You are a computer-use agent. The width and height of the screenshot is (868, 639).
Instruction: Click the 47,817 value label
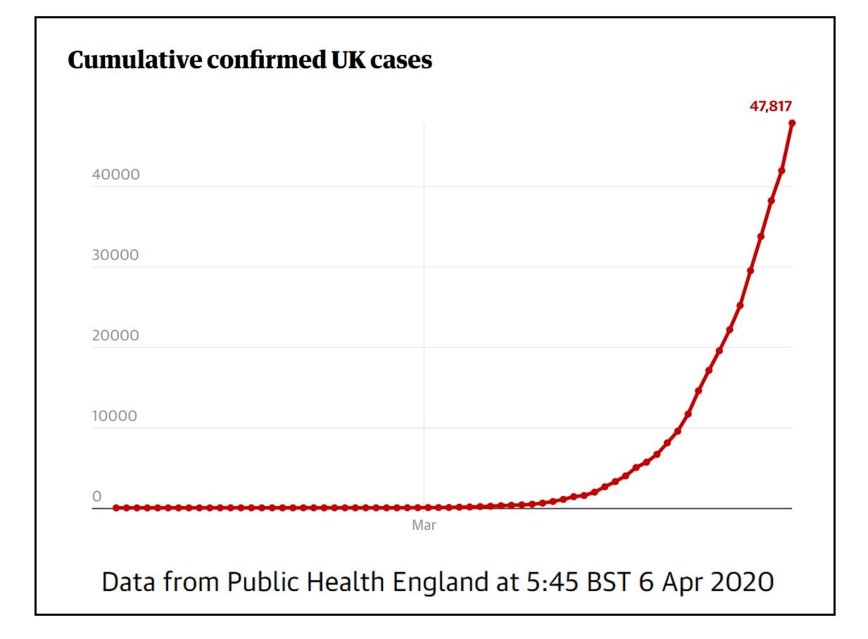point(770,107)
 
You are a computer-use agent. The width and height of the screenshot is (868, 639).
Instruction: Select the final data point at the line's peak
point(792,123)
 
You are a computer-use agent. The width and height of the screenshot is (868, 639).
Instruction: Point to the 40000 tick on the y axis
point(115,175)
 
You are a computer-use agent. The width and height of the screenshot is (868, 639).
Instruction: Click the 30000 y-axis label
point(115,255)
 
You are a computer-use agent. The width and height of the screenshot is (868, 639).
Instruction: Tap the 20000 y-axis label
point(115,335)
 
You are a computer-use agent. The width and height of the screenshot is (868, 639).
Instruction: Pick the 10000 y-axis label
point(115,416)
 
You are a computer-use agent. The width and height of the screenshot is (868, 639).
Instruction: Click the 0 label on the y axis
point(96,496)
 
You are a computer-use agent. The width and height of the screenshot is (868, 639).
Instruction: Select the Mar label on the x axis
point(424,525)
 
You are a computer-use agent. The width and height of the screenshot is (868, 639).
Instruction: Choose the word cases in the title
point(401,61)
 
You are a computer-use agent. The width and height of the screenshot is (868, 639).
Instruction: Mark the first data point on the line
point(116,507)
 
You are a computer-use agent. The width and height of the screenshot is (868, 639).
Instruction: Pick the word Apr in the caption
point(680,583)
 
